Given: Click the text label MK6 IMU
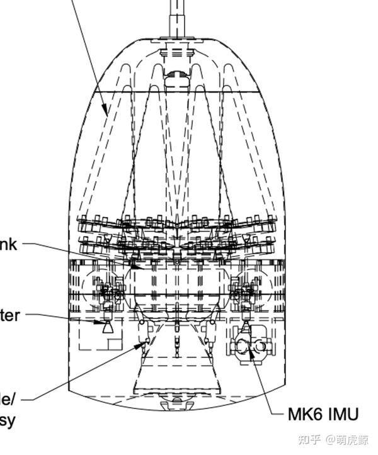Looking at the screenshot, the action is [x=323, y=414].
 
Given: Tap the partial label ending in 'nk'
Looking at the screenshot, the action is [x=8, y=244].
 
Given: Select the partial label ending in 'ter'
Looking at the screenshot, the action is [x=9, y=315].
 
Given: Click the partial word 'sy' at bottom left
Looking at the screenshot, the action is [x=7, y=419].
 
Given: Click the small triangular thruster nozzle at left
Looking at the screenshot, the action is [x=108, y=328].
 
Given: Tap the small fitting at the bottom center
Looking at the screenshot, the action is [x=176, y=405].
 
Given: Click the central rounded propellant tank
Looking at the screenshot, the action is [x=177, y=286].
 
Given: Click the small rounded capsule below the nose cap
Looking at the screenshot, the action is [x=176, y=78].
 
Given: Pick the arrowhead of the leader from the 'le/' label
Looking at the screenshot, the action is [x=143, y=345].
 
